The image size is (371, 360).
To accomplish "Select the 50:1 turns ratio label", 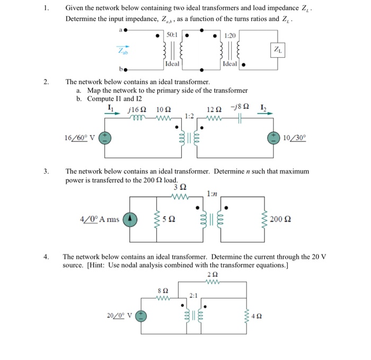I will pyautogui.click(x=172, y=34).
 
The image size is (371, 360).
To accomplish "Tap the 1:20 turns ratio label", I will pyautogui.click(x=229, y=34).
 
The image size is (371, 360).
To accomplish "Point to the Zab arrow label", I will pyautogui.click(x=122, y=52).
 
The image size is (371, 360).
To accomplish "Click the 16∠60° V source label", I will pyautogui.click(x=79, y=138).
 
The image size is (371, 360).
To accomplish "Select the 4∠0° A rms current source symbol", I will pyautogui.click(x=130, y=218).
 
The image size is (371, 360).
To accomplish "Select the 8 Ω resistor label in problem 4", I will pyautogui.click(x=164, y=291).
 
